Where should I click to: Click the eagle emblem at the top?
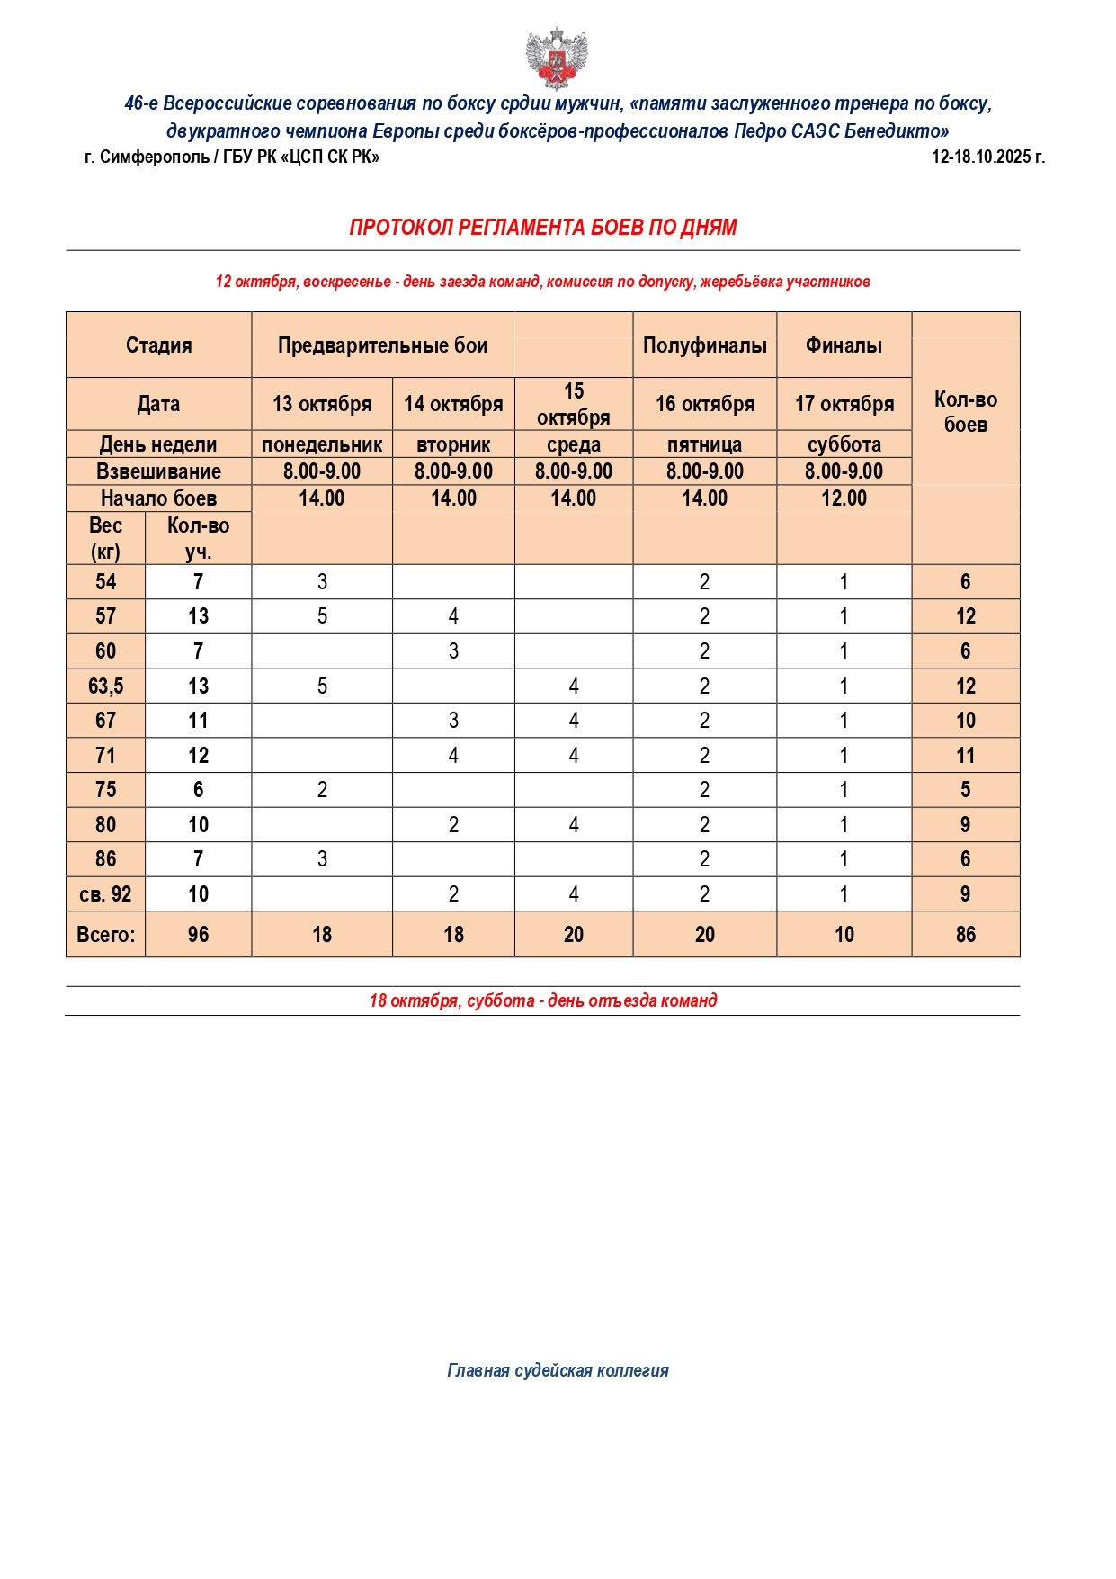[x=557, y=58]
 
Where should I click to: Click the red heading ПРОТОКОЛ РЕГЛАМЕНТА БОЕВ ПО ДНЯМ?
[x=542, y=228]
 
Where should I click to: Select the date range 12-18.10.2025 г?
[x=987, y=157]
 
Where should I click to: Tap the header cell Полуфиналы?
[x=704, y=345]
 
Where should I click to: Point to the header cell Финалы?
[x=844, y=345]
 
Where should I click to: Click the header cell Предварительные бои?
[x=382, y=345]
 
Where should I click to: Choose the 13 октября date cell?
[x=322, y=404]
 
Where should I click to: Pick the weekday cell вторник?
[x=453, y=444]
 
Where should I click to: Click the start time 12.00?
[x=844, y=498]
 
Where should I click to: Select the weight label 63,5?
[x=106, y=686]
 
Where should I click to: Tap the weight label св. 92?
[x=106, y=894]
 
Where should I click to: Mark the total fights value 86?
[x=965, y=935]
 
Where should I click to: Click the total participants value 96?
[x=198, y=935]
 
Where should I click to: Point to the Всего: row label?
[x=106, y=935]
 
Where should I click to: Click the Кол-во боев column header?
[x=965, y=412]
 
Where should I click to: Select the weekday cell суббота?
[x=844, y=444]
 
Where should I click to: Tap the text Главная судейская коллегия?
[x=558, y=1370]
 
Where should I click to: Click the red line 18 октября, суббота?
[x=542, y=1000]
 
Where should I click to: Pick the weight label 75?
[x=106, y=790]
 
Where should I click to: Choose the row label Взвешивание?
[x=158, y=471]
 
